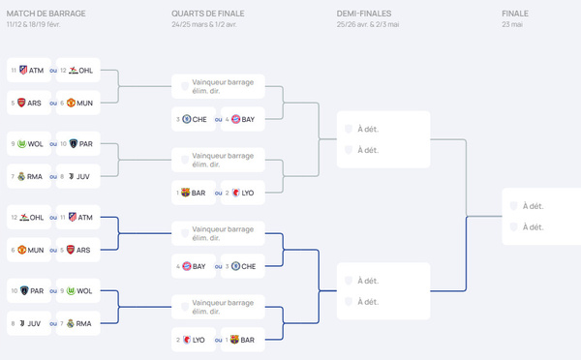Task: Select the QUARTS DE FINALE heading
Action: click(x=208, y=13)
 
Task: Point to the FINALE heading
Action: click(x=515, y=13)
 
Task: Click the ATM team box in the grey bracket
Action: click(x=28, y=70)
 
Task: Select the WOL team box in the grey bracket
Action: click(x=28, y=144)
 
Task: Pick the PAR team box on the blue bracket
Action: click(x=28, y=290)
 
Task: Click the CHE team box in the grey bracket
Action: click(x=195, y=119)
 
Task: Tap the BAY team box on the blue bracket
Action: click(x=195, y=265)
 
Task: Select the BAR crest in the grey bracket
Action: click(x=187, y=193)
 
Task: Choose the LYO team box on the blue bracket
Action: click(x=195, y=340)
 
